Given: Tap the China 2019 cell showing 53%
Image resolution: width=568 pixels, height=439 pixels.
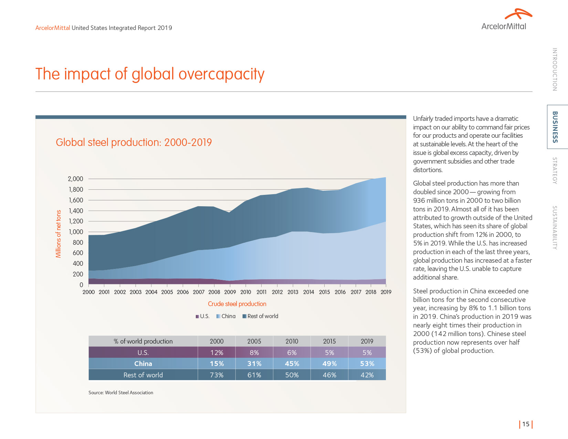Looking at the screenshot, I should pyautogui.click(x=367, y=364).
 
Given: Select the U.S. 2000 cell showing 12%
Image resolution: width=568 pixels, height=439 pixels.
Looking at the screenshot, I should pyautogui.click(x=217, y=353).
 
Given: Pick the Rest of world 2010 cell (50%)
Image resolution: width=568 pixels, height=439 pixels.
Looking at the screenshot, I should pyautogui.click(x=292, y=375).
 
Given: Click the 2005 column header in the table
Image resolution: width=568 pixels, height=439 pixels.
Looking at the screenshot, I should pyautogui.click(x=254, y=341).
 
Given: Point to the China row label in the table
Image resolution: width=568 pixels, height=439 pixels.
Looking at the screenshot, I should pyautogui.click(x=143, y=364).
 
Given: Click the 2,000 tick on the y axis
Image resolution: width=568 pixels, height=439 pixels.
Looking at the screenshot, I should pyautogui.click(x=75, y=179).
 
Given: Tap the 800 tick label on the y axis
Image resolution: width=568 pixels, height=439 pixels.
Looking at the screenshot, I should pyautogui.click(x=78, y=242).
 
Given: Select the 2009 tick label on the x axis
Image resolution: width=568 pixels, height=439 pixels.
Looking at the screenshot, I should pyautogui.click(x=230, y=292).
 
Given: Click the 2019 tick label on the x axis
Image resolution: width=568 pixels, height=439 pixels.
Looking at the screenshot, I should pyautogui.click(x=386, y=292).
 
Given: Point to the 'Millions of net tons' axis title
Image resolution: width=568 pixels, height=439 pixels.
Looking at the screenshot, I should pyautogui.click(x=59, y=234).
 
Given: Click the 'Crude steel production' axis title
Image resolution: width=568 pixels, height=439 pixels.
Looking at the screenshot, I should pyautogui.click(x=237, y=304).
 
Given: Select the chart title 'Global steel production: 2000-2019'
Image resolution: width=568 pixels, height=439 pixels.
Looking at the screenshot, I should pyautogui.click(x=134, y=142).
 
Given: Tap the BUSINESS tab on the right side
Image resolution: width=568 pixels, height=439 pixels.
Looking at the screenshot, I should pyautogui.click(x=555, y=127).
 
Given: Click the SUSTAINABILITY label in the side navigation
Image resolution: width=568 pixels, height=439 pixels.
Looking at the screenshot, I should pyautogui.click(x=555, y=228).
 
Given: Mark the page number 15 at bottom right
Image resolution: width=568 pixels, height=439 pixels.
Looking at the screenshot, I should pyautogui.click(x=526, y=424).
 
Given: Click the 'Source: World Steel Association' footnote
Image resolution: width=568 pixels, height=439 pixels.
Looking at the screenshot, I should pyautogui.click(x=121, y=393).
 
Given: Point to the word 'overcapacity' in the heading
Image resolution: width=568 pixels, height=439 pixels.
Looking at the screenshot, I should pyautogui.click(x=221, y=74).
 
